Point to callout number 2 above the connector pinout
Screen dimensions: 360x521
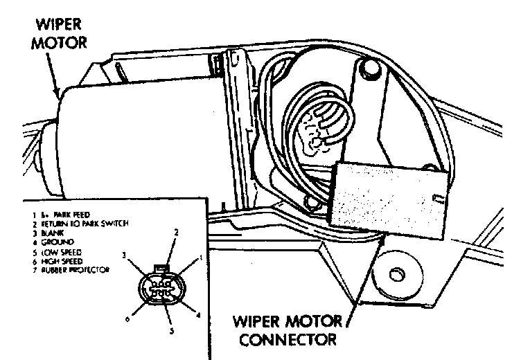pyautogui.click(x=176, y=233)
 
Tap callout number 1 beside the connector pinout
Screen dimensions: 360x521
pyautogui.click(x=201, y=258)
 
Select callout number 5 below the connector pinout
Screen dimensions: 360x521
pyautogui.click(x=172, y=332)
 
